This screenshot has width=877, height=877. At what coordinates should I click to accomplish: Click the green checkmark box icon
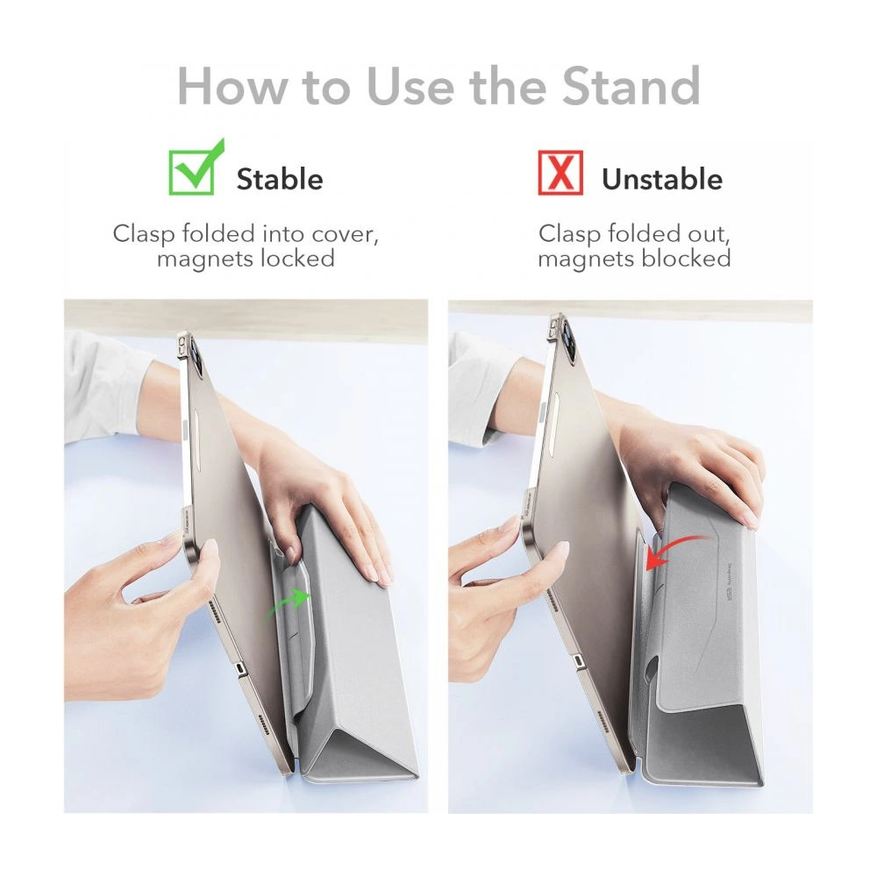click(193, 171)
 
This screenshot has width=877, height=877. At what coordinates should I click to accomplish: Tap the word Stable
click(279, 179)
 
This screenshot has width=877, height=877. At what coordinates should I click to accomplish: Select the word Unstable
click(661, 179)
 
